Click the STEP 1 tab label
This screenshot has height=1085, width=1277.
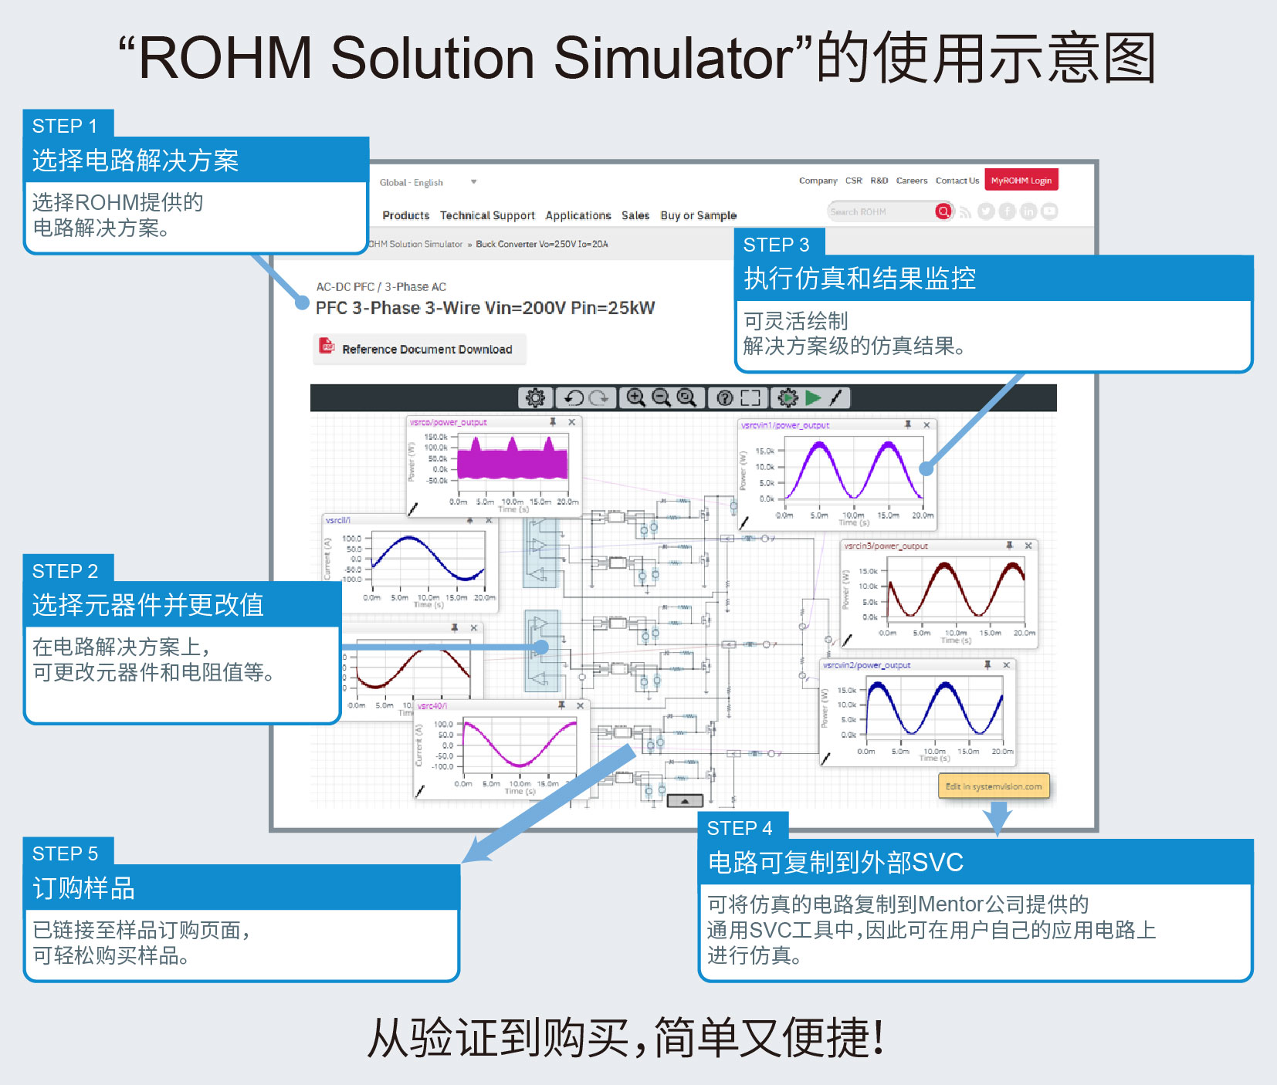(66, 126)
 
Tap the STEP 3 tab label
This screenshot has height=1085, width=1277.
(777, 245)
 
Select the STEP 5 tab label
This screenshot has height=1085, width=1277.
(66, 853)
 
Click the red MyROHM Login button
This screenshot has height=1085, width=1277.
(1021, 181)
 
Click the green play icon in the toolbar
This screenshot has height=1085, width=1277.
(812, 397)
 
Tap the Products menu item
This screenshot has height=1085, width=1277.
(405, 215)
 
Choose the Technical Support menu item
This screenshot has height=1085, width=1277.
(487, 215)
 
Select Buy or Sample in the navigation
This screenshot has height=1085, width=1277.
(698, 215)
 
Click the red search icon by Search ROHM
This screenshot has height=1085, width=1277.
(943, 211)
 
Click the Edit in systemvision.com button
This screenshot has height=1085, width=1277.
(994, 786)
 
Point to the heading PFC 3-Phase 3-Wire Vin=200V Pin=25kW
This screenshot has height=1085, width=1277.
(485, 308)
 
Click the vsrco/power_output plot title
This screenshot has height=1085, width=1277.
(448, 422)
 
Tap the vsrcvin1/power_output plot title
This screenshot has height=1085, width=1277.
(784, 425)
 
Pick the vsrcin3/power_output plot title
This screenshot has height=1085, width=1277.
(886, 546)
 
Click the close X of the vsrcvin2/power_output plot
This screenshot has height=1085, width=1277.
(1006, 665)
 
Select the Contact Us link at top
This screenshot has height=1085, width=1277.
(957, 181)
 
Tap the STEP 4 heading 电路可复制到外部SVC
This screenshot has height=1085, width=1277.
(835, 862)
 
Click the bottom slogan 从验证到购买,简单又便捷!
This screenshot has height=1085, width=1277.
(626, 1038)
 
